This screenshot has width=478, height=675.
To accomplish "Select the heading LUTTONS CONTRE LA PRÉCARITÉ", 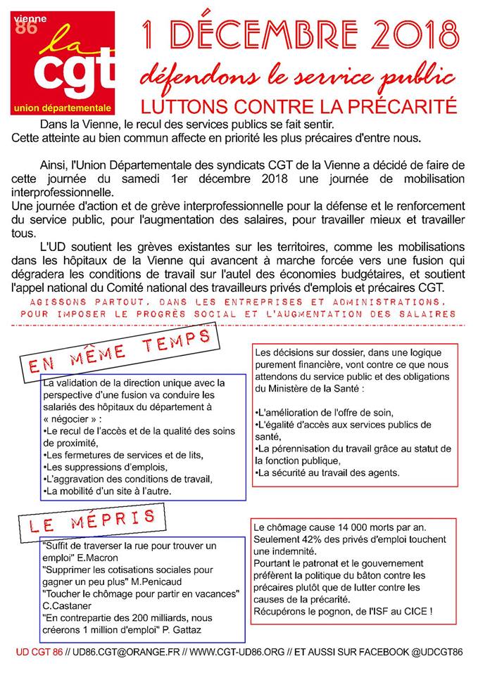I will pos(299,105).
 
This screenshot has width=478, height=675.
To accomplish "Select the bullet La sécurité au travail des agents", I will pos(326,472).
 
